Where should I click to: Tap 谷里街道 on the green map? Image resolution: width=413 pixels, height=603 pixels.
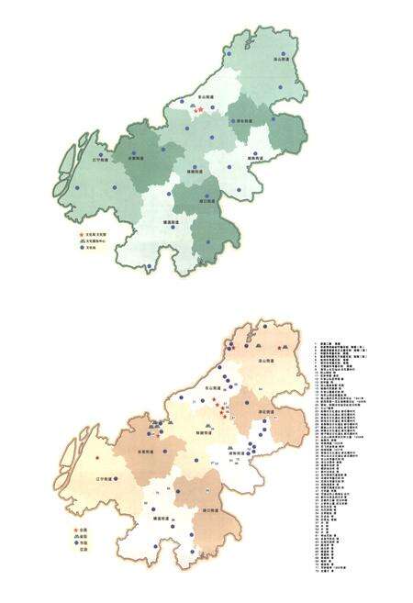137,158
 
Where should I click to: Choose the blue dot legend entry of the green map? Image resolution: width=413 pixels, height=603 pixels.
81,248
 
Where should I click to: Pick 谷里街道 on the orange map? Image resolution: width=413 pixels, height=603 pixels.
145,451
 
